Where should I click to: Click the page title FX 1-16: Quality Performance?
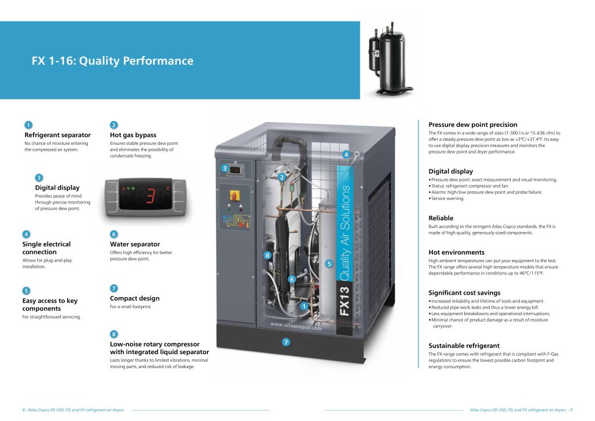click(x=112, y=61)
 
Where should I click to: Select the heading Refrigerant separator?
click(x=58, y=135)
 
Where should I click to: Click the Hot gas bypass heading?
click(x=133, y=135)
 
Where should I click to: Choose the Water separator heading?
click(x=135, y=244)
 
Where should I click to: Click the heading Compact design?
click(x=135, y=298)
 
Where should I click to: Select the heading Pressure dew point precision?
click(x=473, y=124)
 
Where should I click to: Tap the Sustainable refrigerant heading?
click(x=464, y=345)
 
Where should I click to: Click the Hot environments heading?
click(x=456, y=252)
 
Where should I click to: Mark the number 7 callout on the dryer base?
click(x=286, y=342)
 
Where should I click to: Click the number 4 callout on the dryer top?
click(x=346, y=154)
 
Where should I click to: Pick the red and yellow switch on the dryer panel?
click(x=236, y=192)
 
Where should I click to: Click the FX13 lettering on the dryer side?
click(x=345, y=300)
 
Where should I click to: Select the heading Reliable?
click(x=440, y=218)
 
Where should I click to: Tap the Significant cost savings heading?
click(x=464, y=292)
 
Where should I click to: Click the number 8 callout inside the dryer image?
click(x=267, y=255)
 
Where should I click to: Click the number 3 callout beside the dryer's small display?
click(x=224, y=169)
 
